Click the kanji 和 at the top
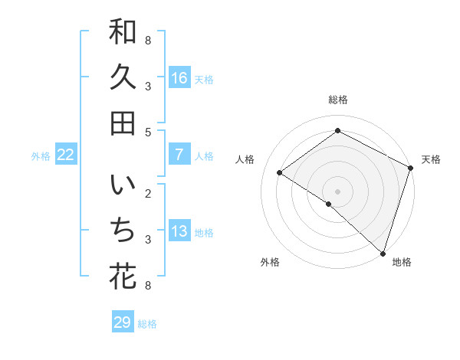click(x=123, y=33)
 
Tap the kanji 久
click(x=123, y=77)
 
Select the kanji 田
click(x=123, y=123)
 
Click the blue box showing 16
click(x=179, y=78)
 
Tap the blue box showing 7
click(x=179, y=155)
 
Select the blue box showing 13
click(x=179, y=232)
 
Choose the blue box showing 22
click(x=66, y=155)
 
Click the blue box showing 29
click(x=123, y=322)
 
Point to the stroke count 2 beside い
click(x=148, y=193)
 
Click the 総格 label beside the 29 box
click(x=147, y=324)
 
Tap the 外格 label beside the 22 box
click(x=41, y=156)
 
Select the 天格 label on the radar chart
click(x=431, y=159)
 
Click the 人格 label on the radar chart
click(x=245, y=159)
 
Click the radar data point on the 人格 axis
click(x=280, y=172)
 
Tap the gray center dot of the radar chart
click(x=337, y=191)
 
